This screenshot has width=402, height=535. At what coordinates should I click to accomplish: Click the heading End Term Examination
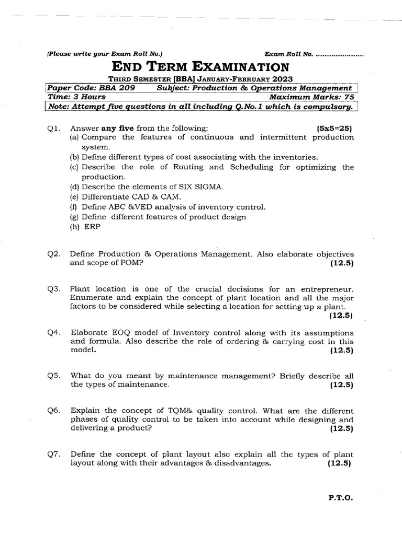coord(200,66)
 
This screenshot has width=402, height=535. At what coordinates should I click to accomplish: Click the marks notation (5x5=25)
coord(335,127)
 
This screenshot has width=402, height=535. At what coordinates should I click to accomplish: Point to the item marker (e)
coord(74,197)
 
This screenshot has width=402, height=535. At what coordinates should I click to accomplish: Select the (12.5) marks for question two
coord(342,263)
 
